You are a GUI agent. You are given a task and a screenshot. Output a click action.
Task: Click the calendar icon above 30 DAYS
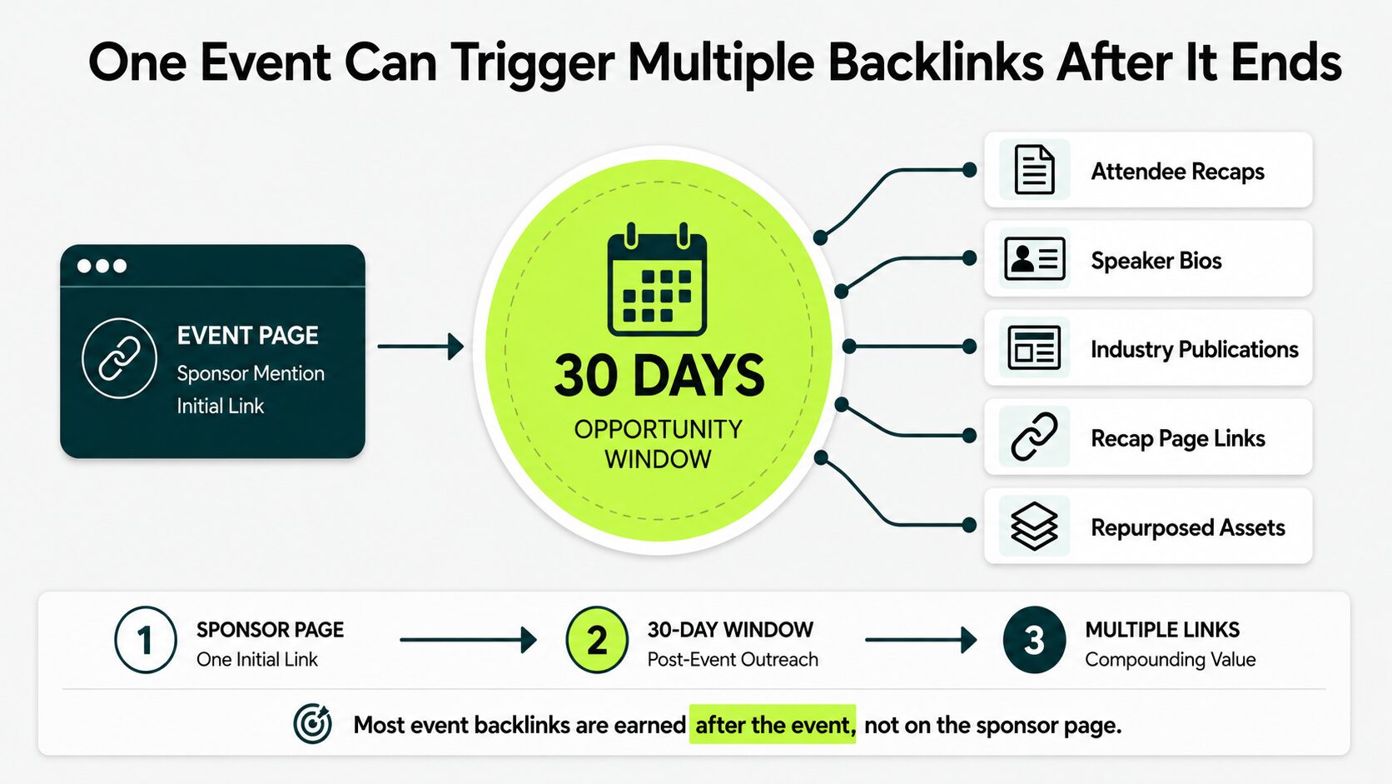[x=658, y=279]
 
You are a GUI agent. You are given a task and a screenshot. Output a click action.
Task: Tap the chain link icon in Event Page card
[x=119, y=358]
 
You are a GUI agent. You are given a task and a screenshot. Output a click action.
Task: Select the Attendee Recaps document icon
[x=1034, y=169]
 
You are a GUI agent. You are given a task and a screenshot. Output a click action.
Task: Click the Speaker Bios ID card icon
[x=1035, y=258]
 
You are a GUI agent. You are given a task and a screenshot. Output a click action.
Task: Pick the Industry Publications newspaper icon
[x=1034, y=347]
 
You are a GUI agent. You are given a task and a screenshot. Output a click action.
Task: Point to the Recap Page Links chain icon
[x=1034, y=437]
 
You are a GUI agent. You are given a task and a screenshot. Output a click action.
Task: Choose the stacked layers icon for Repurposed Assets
[x=1034, y=526]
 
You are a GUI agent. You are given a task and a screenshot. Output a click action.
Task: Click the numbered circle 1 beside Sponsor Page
[x=146, y=640]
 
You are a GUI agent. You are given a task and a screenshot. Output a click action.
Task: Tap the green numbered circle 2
[x=597, y=640]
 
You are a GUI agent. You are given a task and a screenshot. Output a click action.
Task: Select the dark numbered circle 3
[x=1034, y=640]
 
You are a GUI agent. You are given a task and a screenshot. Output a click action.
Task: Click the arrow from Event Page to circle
[x=420, y=347]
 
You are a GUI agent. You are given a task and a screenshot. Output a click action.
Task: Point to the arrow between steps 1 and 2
[x=468, y=640]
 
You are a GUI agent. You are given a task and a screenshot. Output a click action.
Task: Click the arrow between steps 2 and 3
[x=921, y=640]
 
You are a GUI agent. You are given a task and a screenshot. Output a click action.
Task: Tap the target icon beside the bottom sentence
[x=312, y=724]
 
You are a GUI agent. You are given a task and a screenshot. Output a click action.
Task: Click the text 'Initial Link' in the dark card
[x=220, y=406]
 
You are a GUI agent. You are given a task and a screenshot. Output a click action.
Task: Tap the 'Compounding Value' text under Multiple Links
[x=1171, y=660]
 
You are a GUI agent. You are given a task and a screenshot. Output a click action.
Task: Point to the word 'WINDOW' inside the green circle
[x=658, y=459]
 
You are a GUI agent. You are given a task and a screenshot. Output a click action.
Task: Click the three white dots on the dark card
[x=102, y=266]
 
